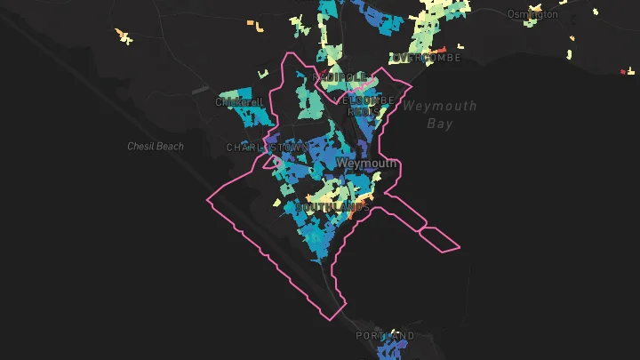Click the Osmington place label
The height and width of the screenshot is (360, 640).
coord(532,14)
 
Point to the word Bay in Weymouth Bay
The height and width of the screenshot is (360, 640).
coord(439,124)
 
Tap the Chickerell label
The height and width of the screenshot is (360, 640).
coord(236,102)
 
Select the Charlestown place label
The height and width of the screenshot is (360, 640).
coord(266,148)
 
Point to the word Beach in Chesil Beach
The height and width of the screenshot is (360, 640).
coord(170,146)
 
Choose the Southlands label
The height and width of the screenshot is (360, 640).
coord(332,207)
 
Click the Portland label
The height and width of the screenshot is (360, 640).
coord(385,336)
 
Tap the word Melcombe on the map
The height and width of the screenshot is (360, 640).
coord(368,100)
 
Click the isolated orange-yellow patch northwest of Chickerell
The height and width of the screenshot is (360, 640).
coord(124,37)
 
